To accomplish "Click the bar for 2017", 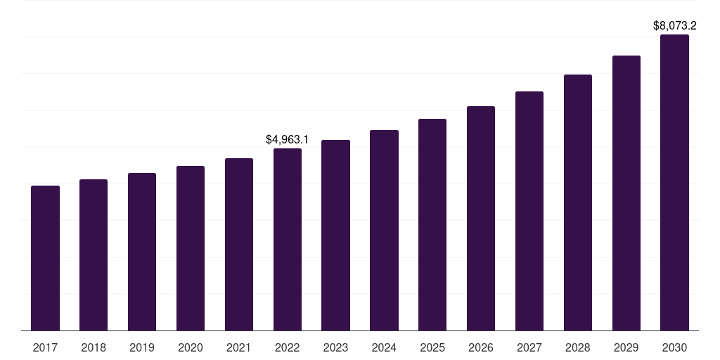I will [x=45, y=258].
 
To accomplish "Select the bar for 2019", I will [x=142, y=252].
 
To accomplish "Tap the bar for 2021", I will [x=239, y=244].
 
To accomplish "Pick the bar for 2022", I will [x=288, y=239].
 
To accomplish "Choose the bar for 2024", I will [x=384, y=230].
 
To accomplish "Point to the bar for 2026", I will [x=481, y=218].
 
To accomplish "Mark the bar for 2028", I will [x=578, y=202].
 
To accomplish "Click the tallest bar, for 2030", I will [x=674, y=182].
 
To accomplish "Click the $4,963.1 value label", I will [x=287, y=139].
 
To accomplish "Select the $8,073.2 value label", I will [x=674, y=26].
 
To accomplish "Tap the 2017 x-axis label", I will [x=45, y=347].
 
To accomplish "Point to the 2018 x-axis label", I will [x=94, y=347].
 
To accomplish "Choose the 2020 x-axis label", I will [x=191, y=347].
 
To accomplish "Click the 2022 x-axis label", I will [x=288, y=347].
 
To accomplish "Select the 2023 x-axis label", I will [x=335, y=347].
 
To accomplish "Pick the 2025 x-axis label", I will [x=432, y=347].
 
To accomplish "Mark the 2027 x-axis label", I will [x=529, y=347].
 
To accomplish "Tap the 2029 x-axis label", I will [x=626, y=347].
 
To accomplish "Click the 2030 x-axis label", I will [x=674, y=347].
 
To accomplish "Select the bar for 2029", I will [x=626, y=193].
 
